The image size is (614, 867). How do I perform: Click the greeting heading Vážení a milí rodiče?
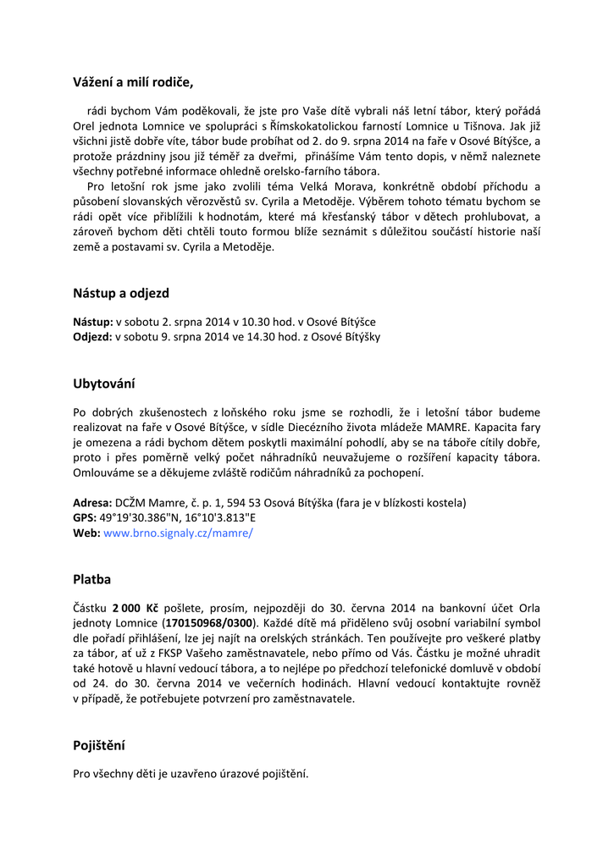pyautogui.click(x=133, y=82)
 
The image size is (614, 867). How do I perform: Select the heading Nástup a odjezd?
pyautogui.click(x=121, y=293)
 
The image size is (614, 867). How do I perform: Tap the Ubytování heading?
pyautogui.click(x=104, y=384)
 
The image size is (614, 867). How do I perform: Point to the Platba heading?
pyautogui.click(x=92, y=580)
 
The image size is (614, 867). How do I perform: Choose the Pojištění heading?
pyautogui.click(x=99, y=746)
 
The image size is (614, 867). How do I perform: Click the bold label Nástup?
pyautogui.click(x=93, y=322)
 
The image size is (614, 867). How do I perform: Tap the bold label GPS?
pyautogui.click(x=85, y=518)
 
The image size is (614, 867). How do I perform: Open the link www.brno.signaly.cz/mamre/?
pyautogui.click(x=178, y=533)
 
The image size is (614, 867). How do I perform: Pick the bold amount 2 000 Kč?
pyautogui.click(x=135, y=608)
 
